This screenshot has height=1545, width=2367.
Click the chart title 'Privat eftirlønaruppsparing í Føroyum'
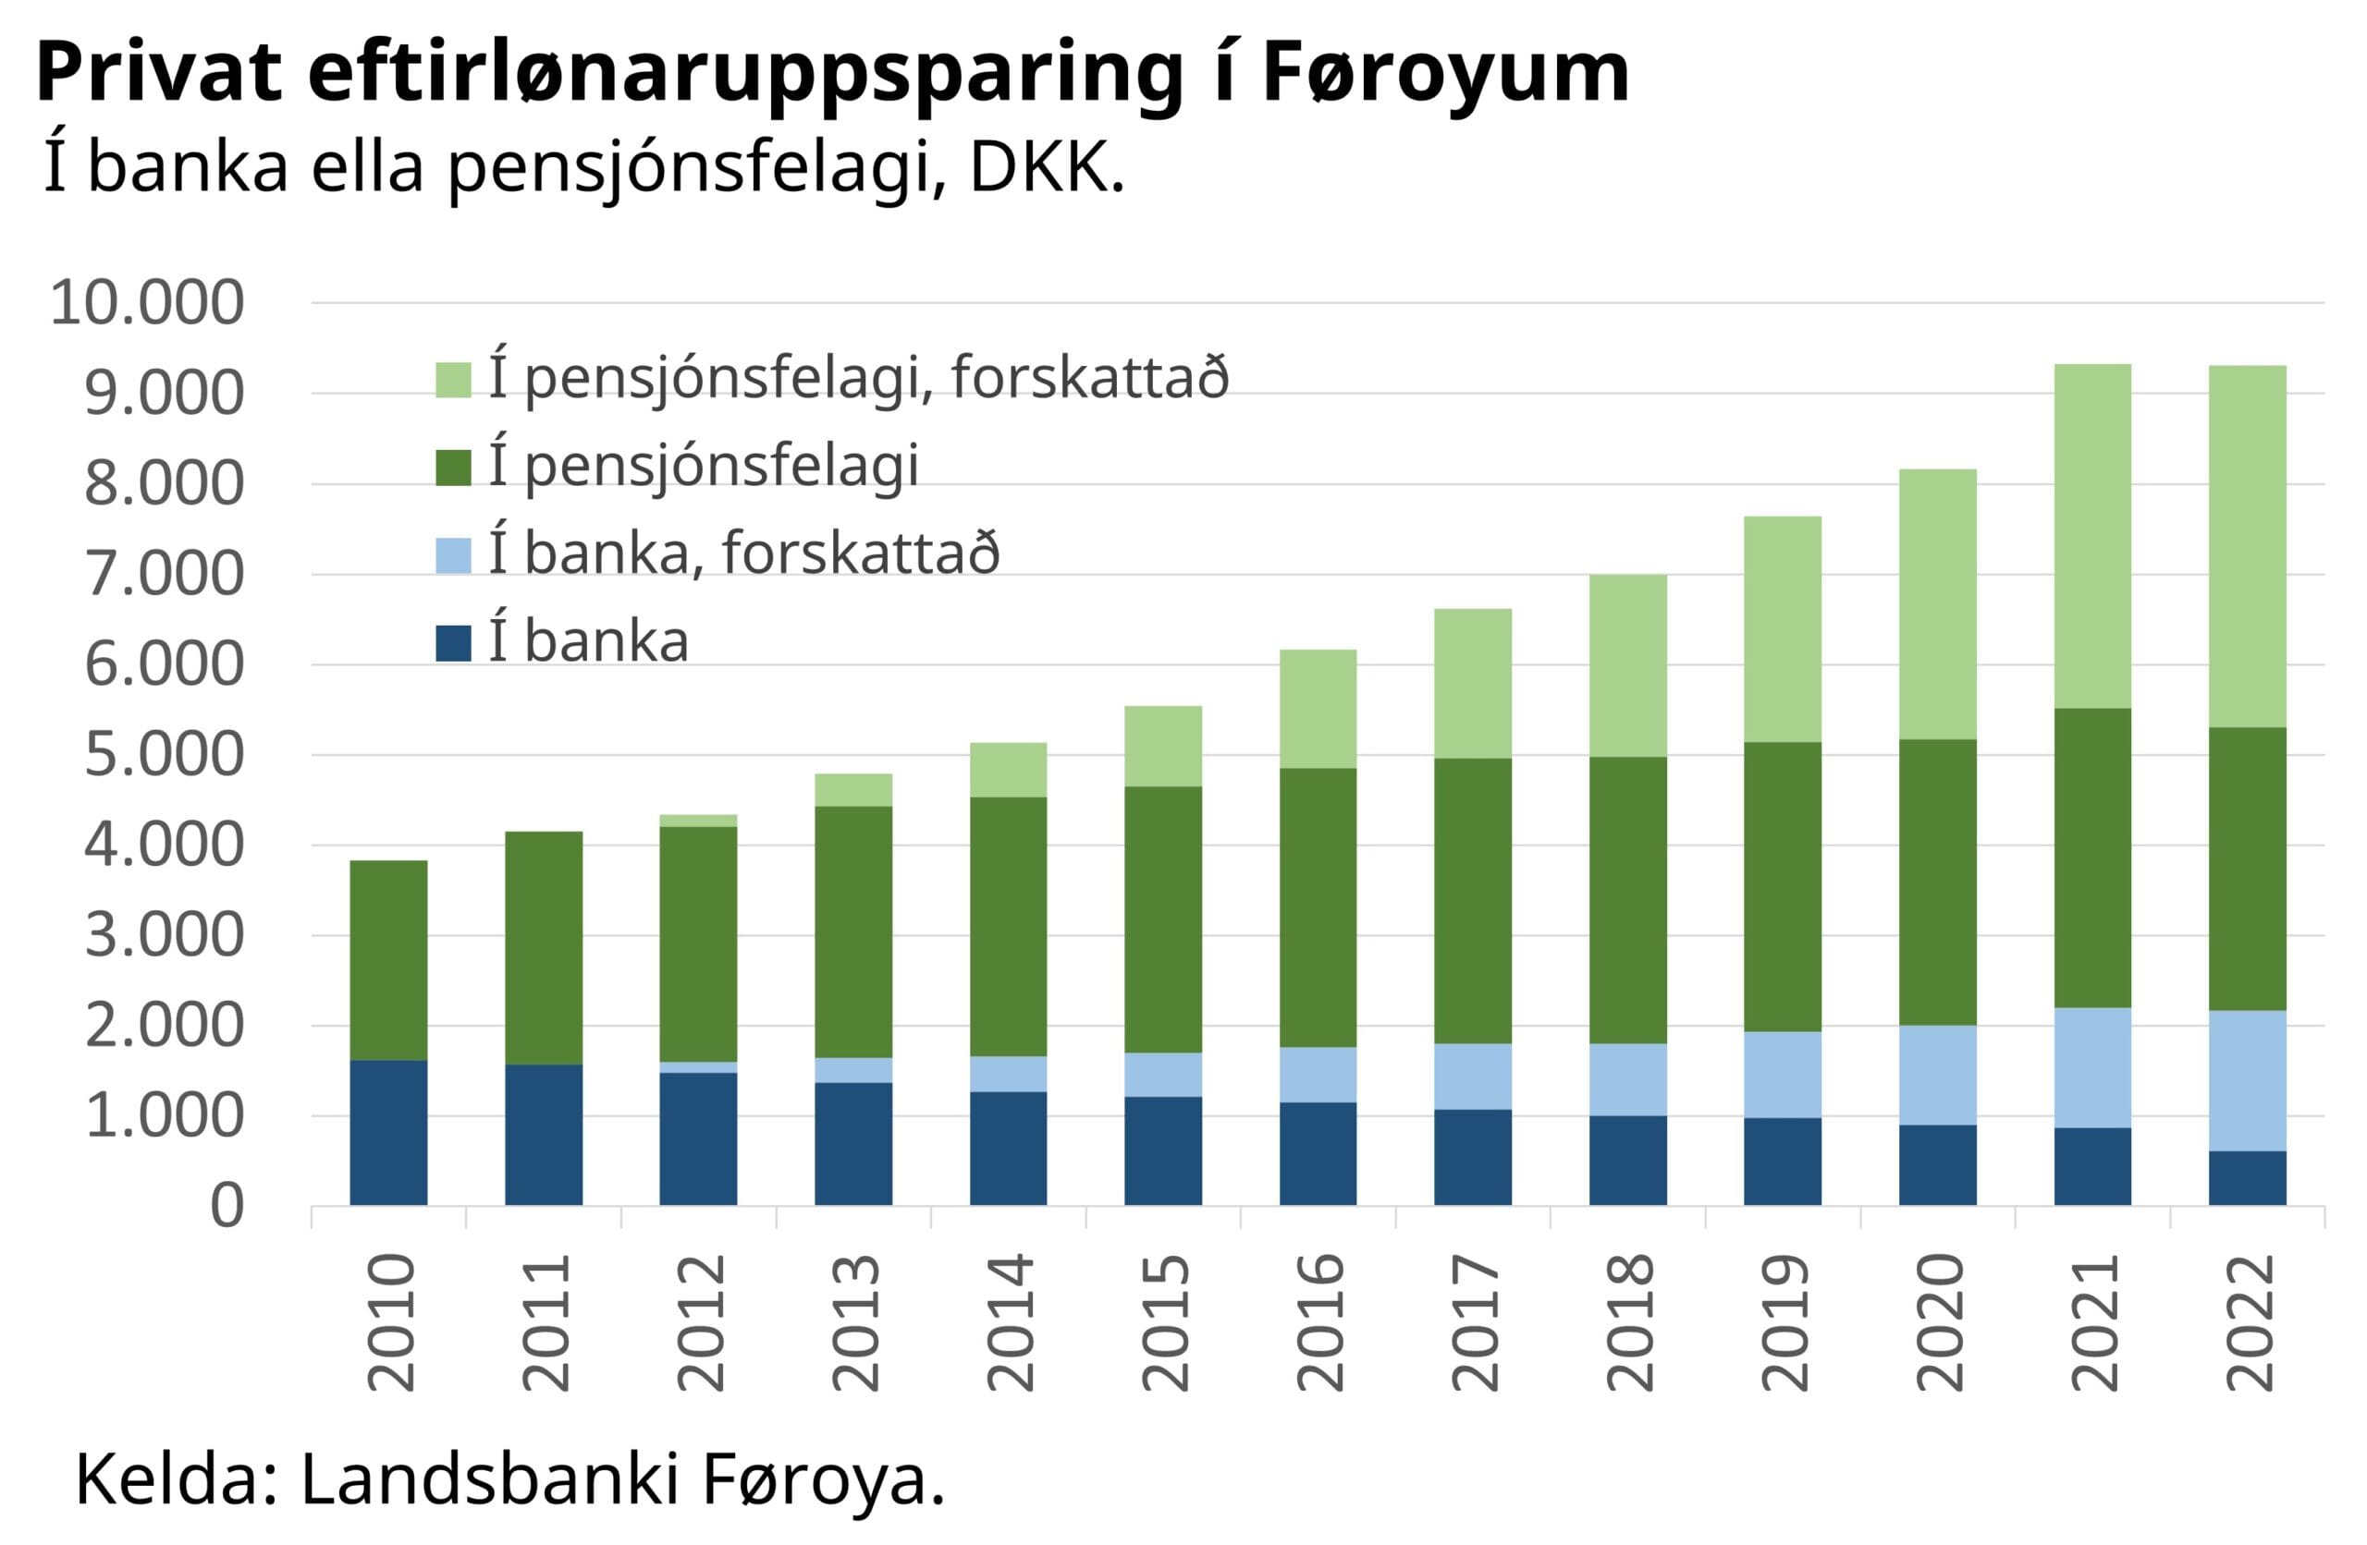(x=831, y=74)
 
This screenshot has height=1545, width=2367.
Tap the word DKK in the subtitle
(x=1044, y=169)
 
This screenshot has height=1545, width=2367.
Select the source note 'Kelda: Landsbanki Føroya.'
(x=509, y=1479)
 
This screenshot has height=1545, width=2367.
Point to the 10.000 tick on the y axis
(x=147, y=302)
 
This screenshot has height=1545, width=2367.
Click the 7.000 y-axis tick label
(x=164, y=575)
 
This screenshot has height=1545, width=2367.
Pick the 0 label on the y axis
(x=227, y=1207)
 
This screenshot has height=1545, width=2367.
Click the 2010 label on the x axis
(x=391, y=1322)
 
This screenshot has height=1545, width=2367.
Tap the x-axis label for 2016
(x=1319, y=1322)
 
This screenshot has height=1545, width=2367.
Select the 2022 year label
(x=2250, y=1322)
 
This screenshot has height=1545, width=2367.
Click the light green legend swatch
(x=453, y=381)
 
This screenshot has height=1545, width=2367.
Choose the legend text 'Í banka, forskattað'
(x=744, y=553)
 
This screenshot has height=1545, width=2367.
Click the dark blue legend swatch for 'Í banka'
(x=453, y=643)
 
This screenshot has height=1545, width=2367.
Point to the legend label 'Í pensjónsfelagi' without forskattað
(x=703, y=467)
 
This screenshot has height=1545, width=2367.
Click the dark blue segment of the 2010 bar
(x=389, y=1134)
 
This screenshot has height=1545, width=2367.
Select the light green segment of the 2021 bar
(x=2092, y=537)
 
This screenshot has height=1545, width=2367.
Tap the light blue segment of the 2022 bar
(x=2248, y=1081)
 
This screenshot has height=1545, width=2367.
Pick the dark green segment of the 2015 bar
(x=1163, y=919)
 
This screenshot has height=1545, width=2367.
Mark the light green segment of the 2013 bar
(x=853, y=790)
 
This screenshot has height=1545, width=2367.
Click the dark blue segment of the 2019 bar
(x=1784, y=1162)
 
